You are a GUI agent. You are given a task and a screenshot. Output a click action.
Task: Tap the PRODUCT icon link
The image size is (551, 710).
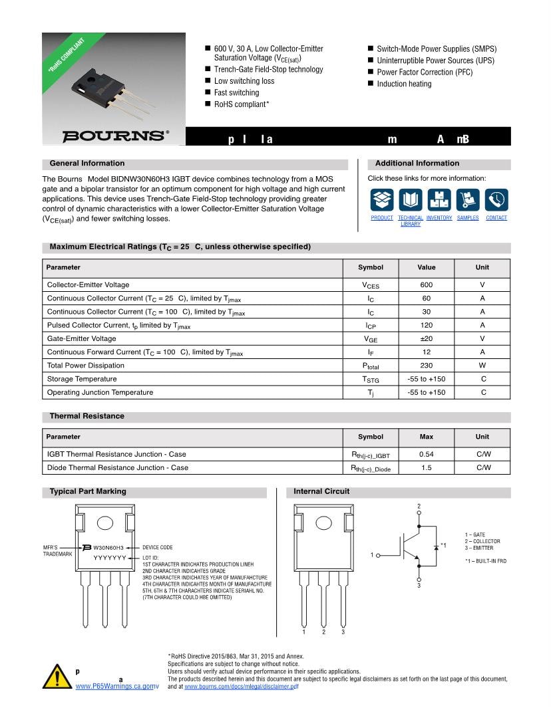[x=382, y=199]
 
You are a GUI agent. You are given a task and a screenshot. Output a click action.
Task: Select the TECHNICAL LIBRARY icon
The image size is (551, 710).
[x=410, y=199]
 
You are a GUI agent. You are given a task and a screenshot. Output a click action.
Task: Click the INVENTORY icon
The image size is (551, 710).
[x=439, y=199]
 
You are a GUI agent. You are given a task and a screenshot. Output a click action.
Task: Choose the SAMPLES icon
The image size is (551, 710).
[x=468, y=199]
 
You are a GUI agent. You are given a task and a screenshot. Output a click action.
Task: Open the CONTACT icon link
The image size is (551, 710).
[x=496, y=199]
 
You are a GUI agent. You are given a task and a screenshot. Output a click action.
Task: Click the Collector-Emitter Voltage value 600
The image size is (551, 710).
[x=426, y=285]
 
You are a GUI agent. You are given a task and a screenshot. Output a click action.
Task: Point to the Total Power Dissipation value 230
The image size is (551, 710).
[x=426, y=366]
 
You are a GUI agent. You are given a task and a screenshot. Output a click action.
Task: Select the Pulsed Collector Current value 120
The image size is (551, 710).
[x=426, y=325]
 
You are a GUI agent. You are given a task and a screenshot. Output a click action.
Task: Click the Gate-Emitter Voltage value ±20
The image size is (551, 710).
[x=426, y=338]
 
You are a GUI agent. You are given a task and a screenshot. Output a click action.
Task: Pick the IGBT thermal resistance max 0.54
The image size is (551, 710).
[x=426, y=454]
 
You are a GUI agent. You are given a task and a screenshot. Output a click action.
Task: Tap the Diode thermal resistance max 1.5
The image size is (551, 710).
[x=426, y=467]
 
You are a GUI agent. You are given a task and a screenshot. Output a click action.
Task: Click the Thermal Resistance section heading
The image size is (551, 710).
[x=87, y=416]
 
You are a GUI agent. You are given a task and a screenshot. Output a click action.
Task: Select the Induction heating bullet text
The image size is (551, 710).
[x=404, y=84]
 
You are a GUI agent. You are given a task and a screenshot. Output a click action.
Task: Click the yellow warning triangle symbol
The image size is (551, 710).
[x=57, y=676]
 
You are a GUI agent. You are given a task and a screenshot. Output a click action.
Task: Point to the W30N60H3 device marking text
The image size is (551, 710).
[x=108, y=548]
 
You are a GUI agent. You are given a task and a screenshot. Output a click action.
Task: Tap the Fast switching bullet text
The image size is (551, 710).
[x=236, y=92]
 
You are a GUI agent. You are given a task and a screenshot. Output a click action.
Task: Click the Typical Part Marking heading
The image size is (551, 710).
[x=88, y=492]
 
